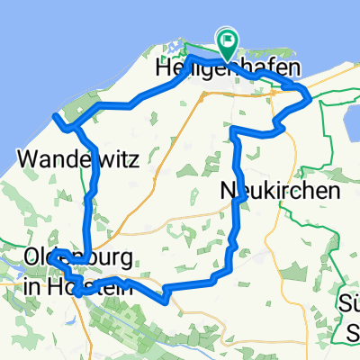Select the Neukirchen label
(x=280, y=191)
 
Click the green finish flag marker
(x=226, y=40)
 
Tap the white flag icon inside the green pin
(x=226, y=38)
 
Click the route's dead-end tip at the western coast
(x=56, y=116)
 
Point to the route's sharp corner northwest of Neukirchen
(x=234, y=130)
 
